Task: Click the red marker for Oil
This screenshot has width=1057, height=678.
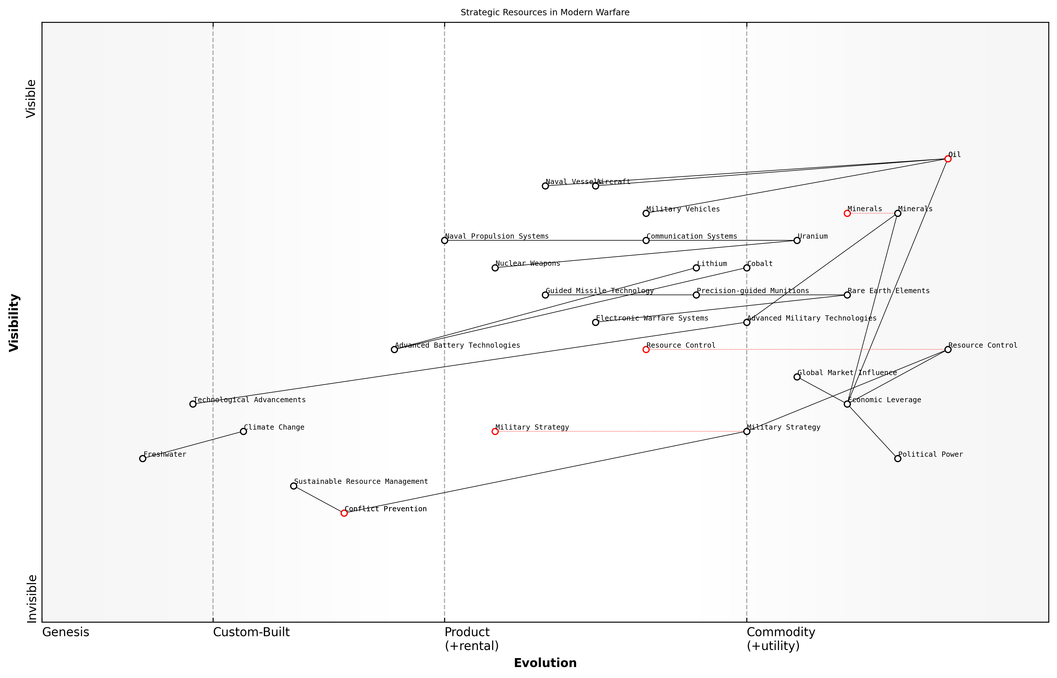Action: click(x=948, y=159)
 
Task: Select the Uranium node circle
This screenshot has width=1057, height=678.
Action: click(x=797, y=240)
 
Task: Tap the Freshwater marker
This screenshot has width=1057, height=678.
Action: click(x=143, y=458)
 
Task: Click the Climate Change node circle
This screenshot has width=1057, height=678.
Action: click(x=243, y=431)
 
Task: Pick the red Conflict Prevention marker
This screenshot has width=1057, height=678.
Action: click(x=344, y=513)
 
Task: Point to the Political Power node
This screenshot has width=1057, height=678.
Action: click(x=898, y=458)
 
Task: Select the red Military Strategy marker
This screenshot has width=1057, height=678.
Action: click(x=495, y=431)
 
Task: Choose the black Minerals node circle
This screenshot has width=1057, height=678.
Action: click(x=898, y=213)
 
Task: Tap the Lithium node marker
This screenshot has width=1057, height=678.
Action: click(x=696, y=268)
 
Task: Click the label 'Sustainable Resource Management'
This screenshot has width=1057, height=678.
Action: click(x=361, y=481)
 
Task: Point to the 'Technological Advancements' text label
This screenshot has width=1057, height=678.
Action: click(x=249, y=400)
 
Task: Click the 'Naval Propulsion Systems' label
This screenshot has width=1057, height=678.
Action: click(x=497, y=236)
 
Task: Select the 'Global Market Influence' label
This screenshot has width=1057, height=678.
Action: click(x=847, y=372)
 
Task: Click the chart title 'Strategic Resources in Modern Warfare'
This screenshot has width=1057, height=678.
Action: click(x=545, y=12)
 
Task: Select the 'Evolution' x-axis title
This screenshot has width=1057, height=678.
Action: click(x=545, y=663)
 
